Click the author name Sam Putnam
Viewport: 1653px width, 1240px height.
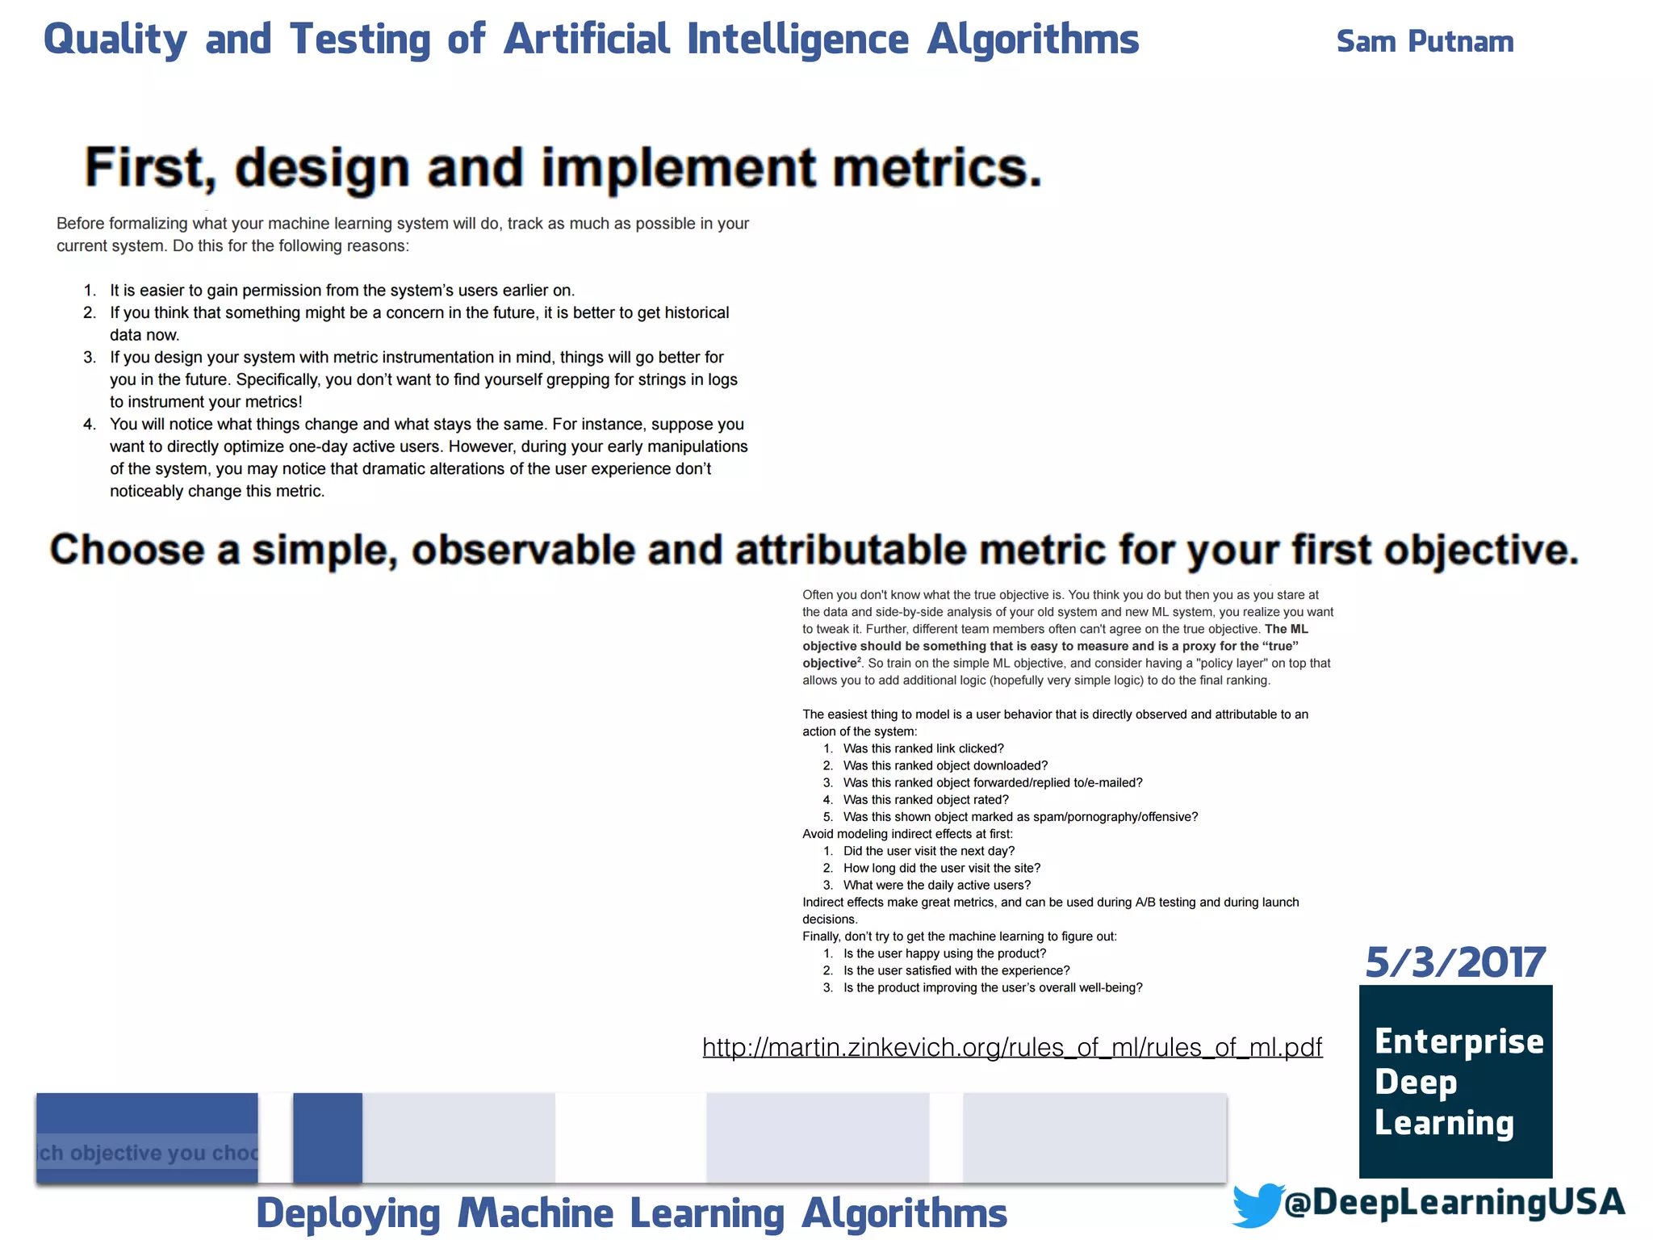[1425, 41]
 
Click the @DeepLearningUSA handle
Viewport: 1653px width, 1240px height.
[1454, 1202]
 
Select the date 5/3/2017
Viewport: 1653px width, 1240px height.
[1455, 962]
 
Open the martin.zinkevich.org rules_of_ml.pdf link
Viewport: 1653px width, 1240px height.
[1012, 1047]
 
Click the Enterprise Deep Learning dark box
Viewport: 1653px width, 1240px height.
[1455, 1081]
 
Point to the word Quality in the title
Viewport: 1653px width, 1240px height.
[115, 40]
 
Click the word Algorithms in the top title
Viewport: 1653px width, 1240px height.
[1032, 40]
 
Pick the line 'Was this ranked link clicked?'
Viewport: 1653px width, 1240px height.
[923, 748]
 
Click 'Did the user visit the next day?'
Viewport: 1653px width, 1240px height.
[928, 851]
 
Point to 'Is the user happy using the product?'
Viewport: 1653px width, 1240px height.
[944, 953]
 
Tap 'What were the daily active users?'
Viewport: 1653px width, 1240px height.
[936, 885]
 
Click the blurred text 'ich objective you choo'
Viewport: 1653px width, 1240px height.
[148, 1153]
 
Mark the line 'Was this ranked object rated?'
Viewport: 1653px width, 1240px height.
[926, 799]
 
